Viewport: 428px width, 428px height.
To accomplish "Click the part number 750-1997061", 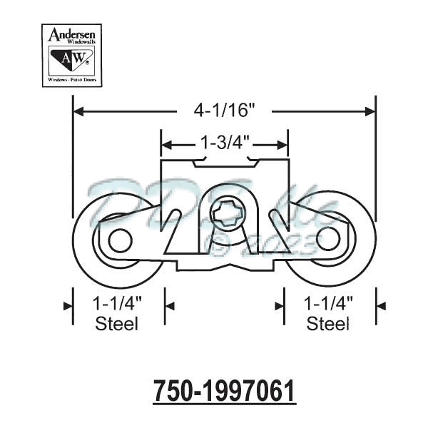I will click(x=225, y=392).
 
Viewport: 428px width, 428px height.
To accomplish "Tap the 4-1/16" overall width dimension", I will click(x=225, y=111).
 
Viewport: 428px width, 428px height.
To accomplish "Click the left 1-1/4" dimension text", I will click(x=118, y=303).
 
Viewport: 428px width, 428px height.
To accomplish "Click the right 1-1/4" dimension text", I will click(x=329, y=303).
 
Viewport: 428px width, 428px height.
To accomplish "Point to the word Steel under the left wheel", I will click(x=118, y=324).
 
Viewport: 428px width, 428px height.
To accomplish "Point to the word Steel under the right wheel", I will click(x=329, y=324).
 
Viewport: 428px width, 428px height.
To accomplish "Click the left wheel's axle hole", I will click(x=119, y=240).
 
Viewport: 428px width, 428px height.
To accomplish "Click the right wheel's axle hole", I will click(x=329, y=240).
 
